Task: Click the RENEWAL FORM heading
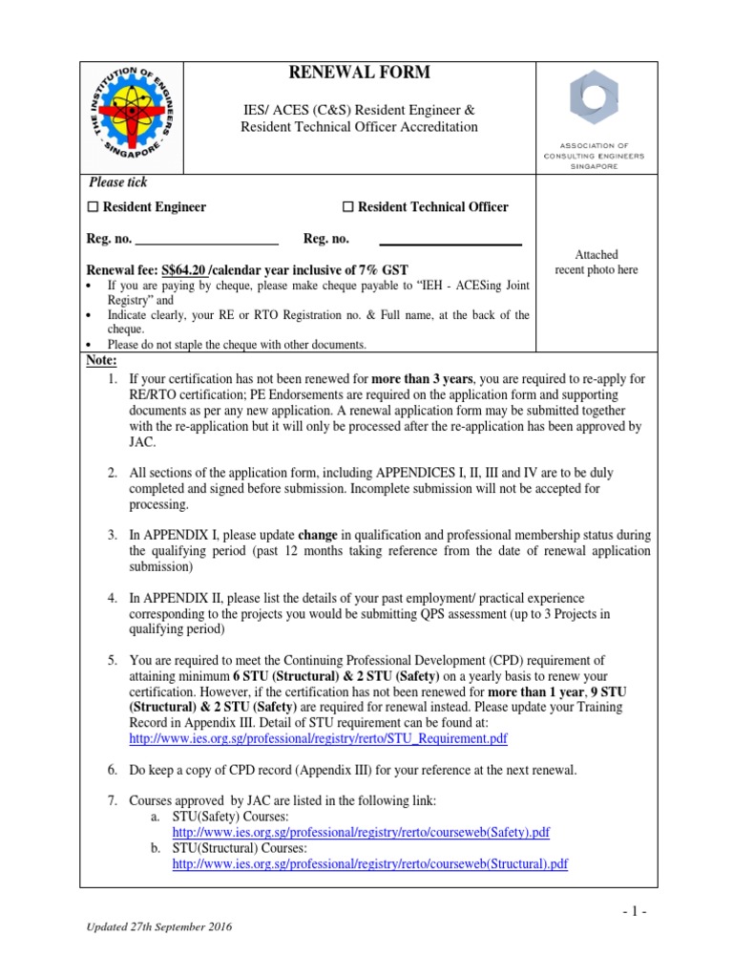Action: pyautogui.click(x=359, y=74)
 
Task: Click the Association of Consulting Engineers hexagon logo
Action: pyautogui.click(x=594, y=96)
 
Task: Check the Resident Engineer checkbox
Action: pyautogui.click(x=93, y=207)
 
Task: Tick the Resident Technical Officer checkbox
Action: pyautogui.click(x=348, y=207)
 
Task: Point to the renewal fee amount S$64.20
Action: pyautogui.click(x=184, y=270)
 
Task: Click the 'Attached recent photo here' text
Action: pyautogui.click(x=597, y=263)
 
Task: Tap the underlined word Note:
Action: pyautogui.click(x=102, y=360)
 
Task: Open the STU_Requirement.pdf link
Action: pyautogui.click(x=318, y=738)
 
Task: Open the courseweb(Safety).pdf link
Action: pyautogui.click(x=361, y=832)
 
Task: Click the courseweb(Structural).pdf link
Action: pyautogui.click(x=369, y=863)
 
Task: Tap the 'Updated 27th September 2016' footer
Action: pyautogui.click(x=159, y=927)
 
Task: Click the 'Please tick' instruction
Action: pyautogui.click(x=118, y=182)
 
